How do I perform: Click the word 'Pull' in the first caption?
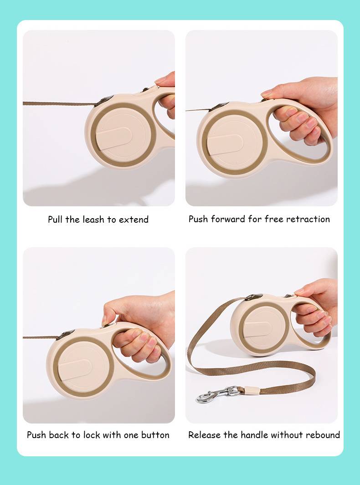point(56,220)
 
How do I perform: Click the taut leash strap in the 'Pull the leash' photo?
point(59,104)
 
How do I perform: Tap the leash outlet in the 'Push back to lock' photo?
point(65,334)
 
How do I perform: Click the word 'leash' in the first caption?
point(93,220)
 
